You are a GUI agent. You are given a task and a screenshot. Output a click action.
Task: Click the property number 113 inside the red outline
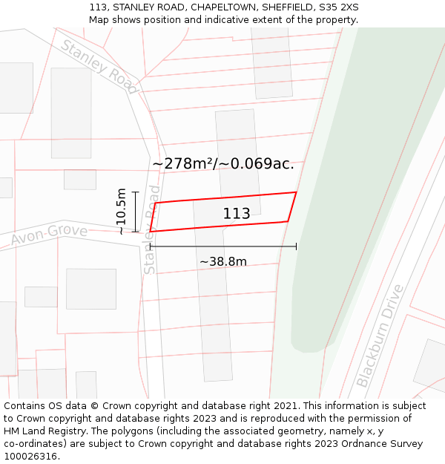tap(237, 214)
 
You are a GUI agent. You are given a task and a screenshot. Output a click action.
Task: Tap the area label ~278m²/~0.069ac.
tap(223, 164)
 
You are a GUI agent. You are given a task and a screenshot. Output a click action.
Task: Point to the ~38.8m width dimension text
tap(223, 261)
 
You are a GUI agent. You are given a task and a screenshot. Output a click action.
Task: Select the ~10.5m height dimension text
tap(122, 212)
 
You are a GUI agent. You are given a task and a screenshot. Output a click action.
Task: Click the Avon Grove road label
tap(49, 235)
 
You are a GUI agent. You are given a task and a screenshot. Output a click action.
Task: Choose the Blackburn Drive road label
tap(383, 336)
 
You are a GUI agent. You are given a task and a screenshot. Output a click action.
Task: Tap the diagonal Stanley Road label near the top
tap(99, 67)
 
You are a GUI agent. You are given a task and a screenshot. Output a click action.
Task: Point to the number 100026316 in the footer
tap(30, 457)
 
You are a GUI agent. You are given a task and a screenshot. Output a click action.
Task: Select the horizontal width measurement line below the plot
tap(223, 246)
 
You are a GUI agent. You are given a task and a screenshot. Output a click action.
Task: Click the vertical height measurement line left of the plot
tap(135, 212)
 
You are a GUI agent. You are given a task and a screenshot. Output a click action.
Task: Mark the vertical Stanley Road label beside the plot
tap(151, 230)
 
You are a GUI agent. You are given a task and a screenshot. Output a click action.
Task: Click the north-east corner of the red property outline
tap(297, 192)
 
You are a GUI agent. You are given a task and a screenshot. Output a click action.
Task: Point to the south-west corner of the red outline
tap(150, 232)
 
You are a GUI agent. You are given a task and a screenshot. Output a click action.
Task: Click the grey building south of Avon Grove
tap(91, 289)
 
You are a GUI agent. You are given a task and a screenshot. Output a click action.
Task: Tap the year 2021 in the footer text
tap(286, 406)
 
